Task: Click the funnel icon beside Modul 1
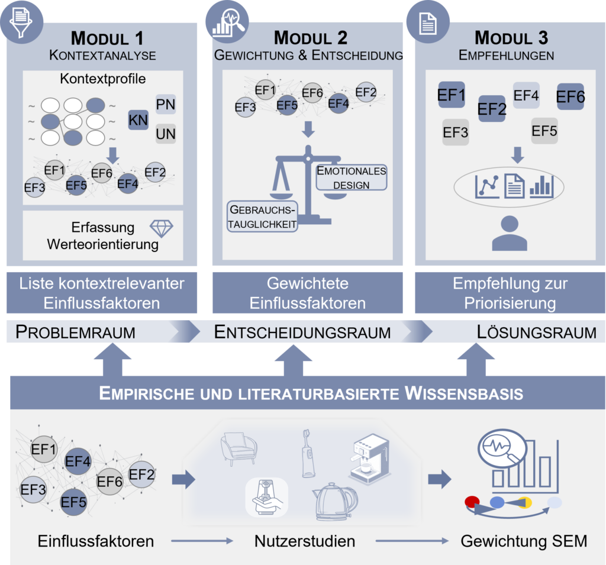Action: tap(21, 22)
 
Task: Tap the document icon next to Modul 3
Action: tap(428, 23)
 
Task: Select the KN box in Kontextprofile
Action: tap(138, 120)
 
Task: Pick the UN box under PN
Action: tap(166, 134)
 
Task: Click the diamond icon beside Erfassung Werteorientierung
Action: tap(161, 228)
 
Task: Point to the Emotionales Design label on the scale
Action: tap(352, 177)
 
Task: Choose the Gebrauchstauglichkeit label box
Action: tap(262, 217)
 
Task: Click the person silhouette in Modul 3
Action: tap(510, 233)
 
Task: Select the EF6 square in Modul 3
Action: tap(570, 96)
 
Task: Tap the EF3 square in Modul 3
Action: tap(456, 132)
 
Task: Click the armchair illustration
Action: tap(238, 448)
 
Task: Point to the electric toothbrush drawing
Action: tap(308, 454)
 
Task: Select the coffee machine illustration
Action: tap(370, 459)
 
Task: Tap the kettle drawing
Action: tap(335, 501)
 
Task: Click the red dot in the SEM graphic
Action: tap(472, 502)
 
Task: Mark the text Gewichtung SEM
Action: tap(524, 541)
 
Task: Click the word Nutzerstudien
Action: tap(305, 541)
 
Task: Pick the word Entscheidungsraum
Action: tap(302, 332)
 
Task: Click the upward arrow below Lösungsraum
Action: tap(476, 360)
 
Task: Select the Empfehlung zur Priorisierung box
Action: tap(510, 293)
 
